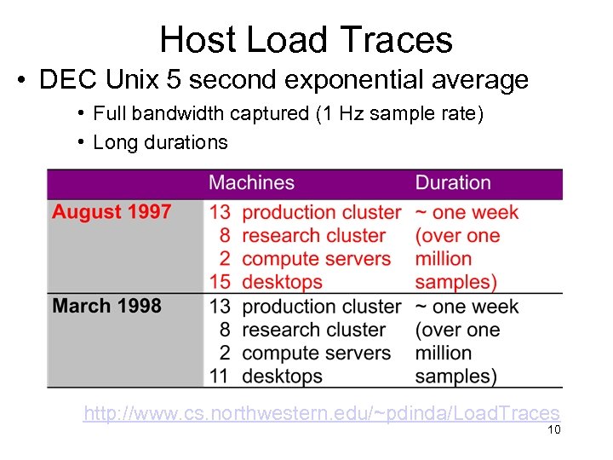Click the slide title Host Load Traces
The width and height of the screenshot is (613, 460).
click(x=306, y=39)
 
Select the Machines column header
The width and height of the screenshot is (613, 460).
click(x=251, y=183)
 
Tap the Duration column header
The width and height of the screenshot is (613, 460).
click(x=452, y=183)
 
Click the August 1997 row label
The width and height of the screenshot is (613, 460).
click(x=112, y=212)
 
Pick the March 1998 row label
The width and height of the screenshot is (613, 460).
click(x=106, y=306)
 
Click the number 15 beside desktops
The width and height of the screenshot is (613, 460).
click(x=221, y=282)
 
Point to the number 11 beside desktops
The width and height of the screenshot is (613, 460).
click(x=221, y=376)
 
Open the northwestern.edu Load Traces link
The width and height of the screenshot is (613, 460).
click(x=321, y=413)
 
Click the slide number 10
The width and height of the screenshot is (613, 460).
click(x=553, y=430)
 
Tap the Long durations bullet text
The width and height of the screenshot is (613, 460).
click(x=160, y=142)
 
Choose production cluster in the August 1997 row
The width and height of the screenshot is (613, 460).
click(x=321, y=212)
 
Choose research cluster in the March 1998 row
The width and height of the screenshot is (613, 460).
click(x=313, y=330)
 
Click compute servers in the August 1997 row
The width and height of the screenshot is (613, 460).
click(x=316, y=259)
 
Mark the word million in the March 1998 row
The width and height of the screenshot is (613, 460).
click(x=443, y=353)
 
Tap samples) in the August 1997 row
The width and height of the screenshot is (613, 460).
click(x=455, y=282)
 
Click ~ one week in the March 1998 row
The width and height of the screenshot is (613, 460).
click(x=467, y=306)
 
